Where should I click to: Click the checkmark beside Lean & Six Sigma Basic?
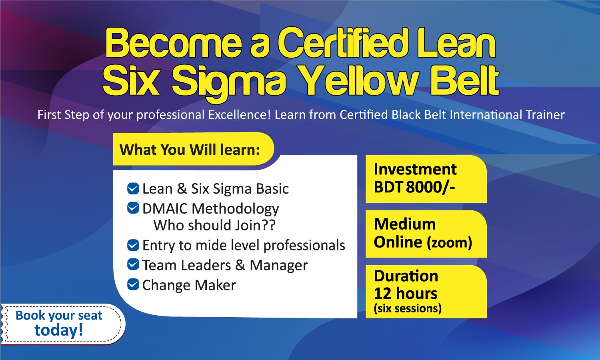[133, 188]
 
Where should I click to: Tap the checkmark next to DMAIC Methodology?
[133, 208]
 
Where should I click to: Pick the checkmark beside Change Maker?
[133, 284]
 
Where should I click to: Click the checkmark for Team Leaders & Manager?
[133, 265]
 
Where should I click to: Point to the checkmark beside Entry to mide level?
[133, 245]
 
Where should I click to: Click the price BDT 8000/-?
[414, 187]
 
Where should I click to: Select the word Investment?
[415, 169]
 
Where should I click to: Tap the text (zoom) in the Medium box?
[449, 243]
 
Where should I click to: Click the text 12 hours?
[406, 293]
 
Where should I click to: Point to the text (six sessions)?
[408, 308]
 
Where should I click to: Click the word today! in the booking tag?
[59, 330]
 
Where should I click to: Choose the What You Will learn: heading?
[190, 150]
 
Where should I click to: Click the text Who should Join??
[214, 225]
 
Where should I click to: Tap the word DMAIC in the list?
[165, 208]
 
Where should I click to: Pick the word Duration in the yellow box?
[406, 276]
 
